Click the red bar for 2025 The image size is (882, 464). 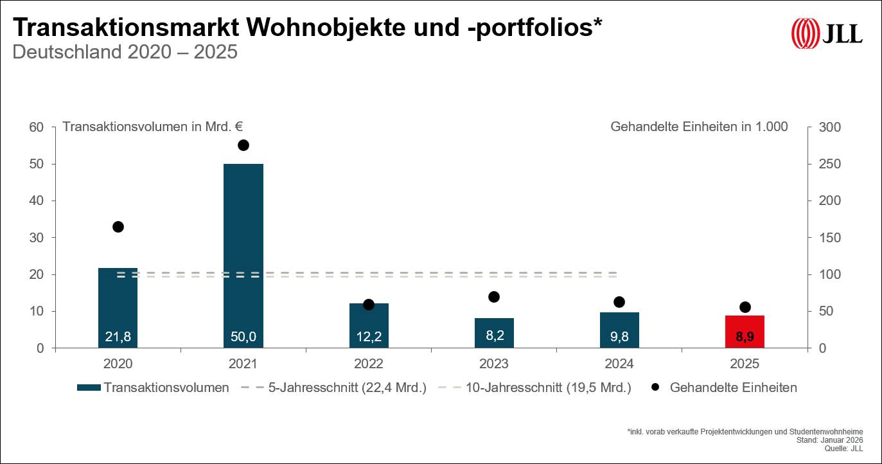click(x=745, y=331)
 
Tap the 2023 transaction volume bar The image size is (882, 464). click(x=494, y=332)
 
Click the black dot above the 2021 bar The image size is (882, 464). click(x=243, y=145)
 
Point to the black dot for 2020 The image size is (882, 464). click(x=118, y=227)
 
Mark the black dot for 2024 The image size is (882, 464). click(x=619, y=302)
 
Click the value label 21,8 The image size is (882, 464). click(x=118, y=336)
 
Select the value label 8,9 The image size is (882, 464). click(x=745, y=336)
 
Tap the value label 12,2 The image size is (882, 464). click(x=369, y=336)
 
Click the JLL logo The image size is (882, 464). click(x=827, y=33)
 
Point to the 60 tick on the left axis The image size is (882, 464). click(x=36, y=127)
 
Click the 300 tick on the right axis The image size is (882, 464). click(x=829, y=127)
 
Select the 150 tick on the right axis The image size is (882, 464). click(x=829, y=238)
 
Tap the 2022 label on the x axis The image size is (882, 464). click(x=369, y=364)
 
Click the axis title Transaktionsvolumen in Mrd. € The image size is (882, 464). click(x=152, y=127)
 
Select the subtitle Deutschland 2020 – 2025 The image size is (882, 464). click(x=125, y=52)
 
